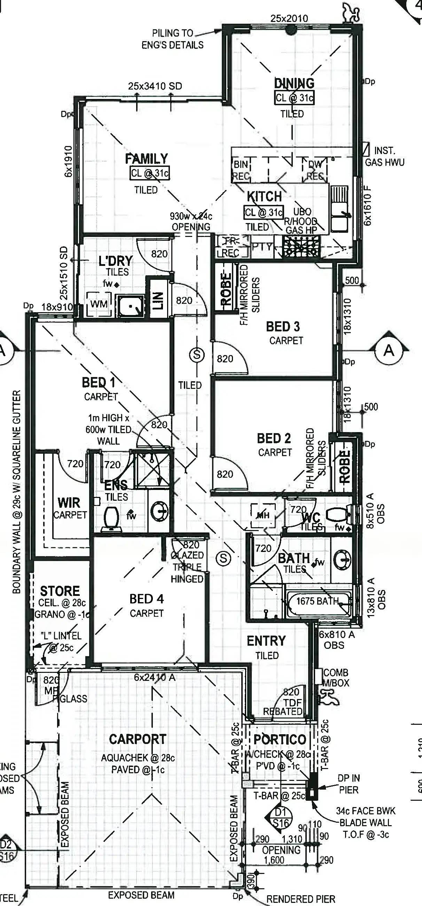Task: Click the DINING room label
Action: pyautogui.click(x=294, y=84)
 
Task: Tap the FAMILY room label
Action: pyautogui.click(x=147, y=159)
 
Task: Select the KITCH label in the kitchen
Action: pyautogui.click(x=264, y=196)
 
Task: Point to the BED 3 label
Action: pyautogui.click(x=283, y=327)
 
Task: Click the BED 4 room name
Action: pyautogui.click(x=147, y=599)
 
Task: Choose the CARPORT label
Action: pyautogui.click(x=138, y=739)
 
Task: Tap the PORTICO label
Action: pyautogui.click(x=280, y=739)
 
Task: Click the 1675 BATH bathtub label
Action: pyautogui.click(x=317, y=601)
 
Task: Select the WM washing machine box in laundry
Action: pyautogui.click(x=99, y=304)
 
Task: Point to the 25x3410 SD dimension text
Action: pyautogui.click(x=155, y=86)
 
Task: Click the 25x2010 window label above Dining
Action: pyautogui.click(x=289, y=18)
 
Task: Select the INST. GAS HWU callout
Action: pyautogui.click(x=384, y=156)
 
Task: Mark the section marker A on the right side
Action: pyautogui.click(x=389, y=350)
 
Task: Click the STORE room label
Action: pyautogui.click(x=60, y=591)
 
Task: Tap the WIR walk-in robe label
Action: pyautogui.click(x=69, y=502)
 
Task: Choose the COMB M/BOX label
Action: pyautogui.click(x=336, y=678)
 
